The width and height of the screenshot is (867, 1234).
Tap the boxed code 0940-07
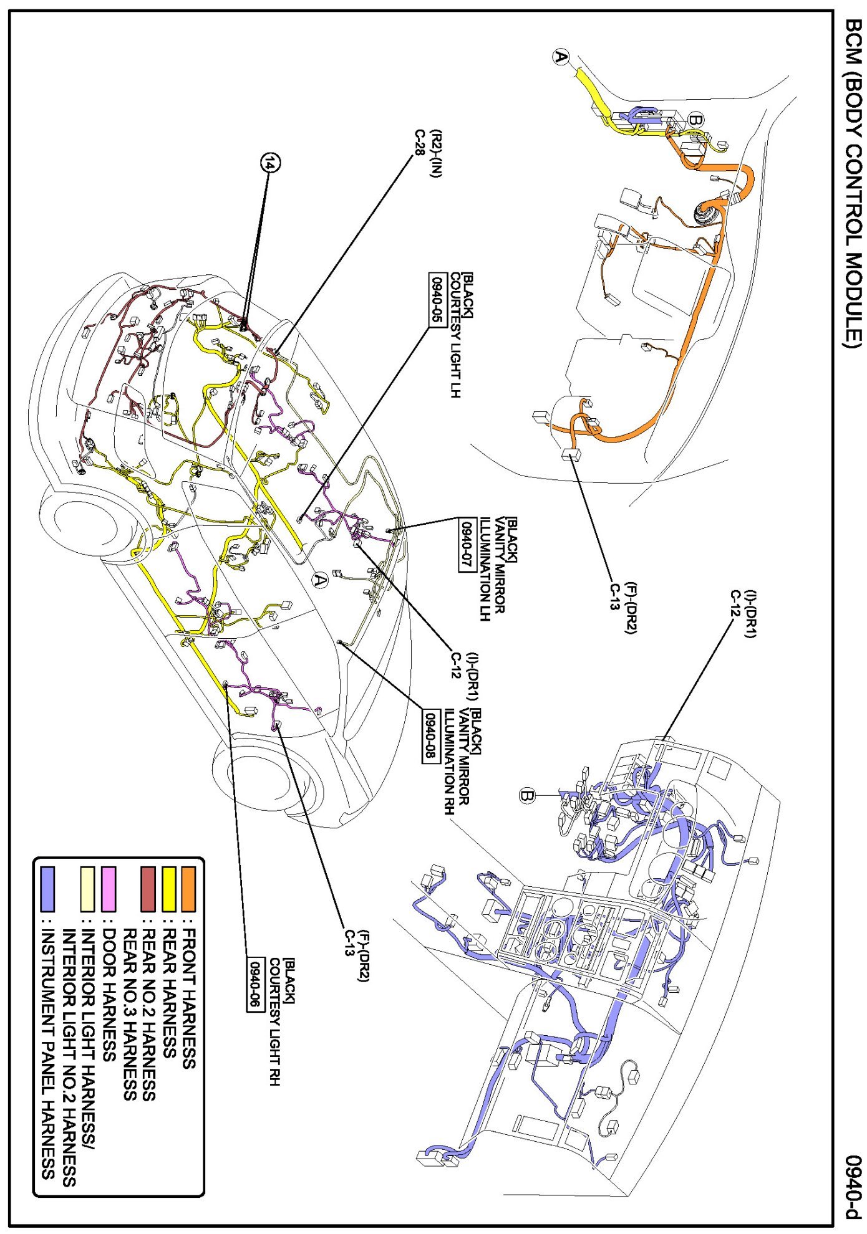tap(467, 544)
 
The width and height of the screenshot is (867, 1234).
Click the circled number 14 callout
tap(270, 163)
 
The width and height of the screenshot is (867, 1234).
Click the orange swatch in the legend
tap(188, 888)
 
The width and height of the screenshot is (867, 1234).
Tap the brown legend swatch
tap(148, 888)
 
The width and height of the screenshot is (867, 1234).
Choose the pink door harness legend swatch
tap(109, 888)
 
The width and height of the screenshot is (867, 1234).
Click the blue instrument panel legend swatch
tap(47, 888)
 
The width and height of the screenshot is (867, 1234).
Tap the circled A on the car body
tap(319, 580)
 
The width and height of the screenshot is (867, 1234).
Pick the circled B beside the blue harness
tap(528, 796)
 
